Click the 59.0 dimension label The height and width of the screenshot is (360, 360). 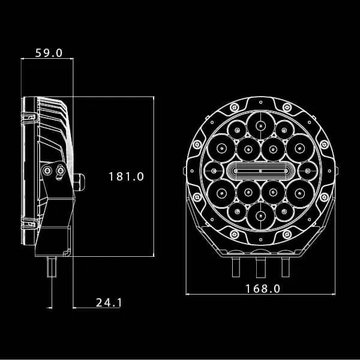[x=49, y=52]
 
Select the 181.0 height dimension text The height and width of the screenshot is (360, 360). [x=126, y=176]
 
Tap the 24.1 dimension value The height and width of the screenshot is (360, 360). [x=108, y=302]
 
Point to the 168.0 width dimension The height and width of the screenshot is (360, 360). [x=263, y=288]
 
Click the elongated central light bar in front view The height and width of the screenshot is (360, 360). [x=260, y=170]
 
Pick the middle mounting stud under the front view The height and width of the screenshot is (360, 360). [x=260, y=266]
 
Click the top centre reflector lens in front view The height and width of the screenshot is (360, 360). [x=260, y=125]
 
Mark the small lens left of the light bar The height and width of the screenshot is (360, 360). [x=214, y=170]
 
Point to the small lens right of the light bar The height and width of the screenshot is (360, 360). [x=306, y=170]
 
